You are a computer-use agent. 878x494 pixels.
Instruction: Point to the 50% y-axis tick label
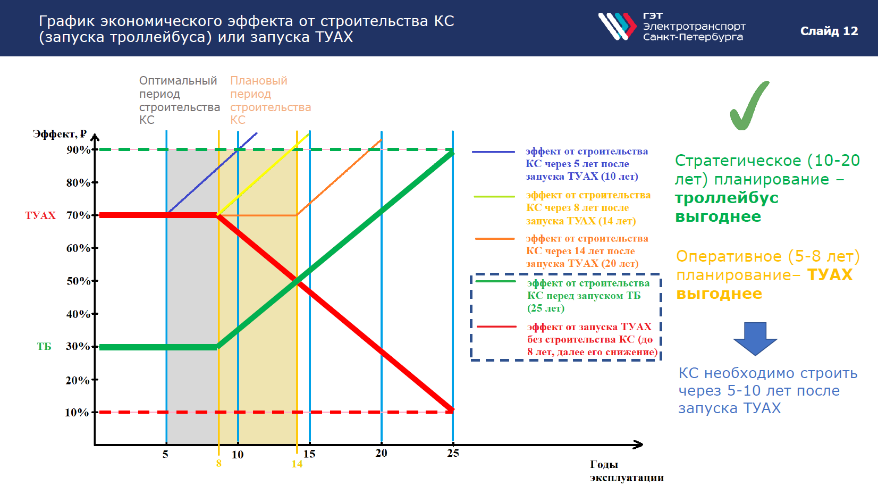point(78,281)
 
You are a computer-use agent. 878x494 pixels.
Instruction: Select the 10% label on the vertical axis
point(77,413)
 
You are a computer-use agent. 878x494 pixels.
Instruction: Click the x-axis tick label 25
point(453,453)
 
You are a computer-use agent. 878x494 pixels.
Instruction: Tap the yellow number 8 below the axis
point(219,463)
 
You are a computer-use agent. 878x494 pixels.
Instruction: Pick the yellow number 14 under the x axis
point(297,464)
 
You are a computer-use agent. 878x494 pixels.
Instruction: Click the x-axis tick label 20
point(382,453)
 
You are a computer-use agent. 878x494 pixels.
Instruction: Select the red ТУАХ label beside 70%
point(40,215)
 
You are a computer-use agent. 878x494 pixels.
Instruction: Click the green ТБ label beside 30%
point(44,347)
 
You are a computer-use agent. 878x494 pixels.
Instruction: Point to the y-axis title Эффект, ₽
point(60,134)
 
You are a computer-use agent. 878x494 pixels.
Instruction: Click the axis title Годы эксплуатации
point(627,471)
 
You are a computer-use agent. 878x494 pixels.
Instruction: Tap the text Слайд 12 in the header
point(829,31)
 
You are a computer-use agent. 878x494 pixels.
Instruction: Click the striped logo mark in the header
point(617,26)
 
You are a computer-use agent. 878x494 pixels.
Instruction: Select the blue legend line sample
point(494,152)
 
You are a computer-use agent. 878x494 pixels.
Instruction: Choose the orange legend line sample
point(495,238)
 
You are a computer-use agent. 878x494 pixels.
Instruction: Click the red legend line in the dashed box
point(496,326)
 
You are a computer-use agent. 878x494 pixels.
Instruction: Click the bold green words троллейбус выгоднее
point(727,207)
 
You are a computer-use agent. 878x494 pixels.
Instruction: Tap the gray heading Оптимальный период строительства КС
point(180,101)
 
